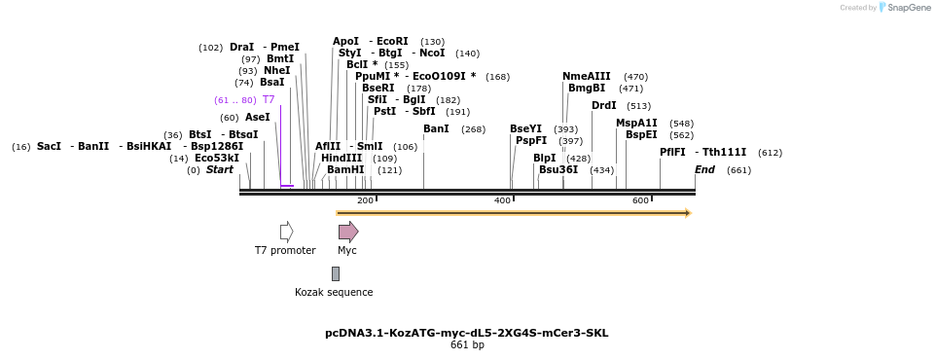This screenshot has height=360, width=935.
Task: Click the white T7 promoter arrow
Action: pos(286,232)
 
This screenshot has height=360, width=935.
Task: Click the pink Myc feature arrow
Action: pos(347,232)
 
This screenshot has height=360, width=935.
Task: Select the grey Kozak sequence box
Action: pos(336,273)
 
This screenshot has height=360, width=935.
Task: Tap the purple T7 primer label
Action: pos(269,100)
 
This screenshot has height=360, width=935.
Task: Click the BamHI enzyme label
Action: pos(345,169)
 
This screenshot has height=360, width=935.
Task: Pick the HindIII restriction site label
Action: pos(342,159)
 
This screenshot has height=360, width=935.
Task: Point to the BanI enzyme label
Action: pos(436,129)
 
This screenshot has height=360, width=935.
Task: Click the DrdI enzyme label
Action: pos(604,106)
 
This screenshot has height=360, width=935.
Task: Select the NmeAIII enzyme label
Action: pos(587,77)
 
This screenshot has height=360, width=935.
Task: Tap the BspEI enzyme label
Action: pos(641,135)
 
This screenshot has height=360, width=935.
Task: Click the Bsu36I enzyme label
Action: pos(558,169)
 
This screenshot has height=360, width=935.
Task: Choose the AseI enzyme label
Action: pos(258,118)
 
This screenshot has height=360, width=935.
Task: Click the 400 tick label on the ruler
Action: pos(503,200)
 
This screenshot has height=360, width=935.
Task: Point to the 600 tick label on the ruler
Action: pos(640,200)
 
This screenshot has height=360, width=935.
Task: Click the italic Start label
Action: pos(220,170)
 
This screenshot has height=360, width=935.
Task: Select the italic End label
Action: pos(704,170)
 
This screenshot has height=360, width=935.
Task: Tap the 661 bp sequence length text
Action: pos(467,345)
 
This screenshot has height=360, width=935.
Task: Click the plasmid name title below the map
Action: pos(467,333)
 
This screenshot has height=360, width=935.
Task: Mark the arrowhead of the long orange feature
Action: pos(687,213)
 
